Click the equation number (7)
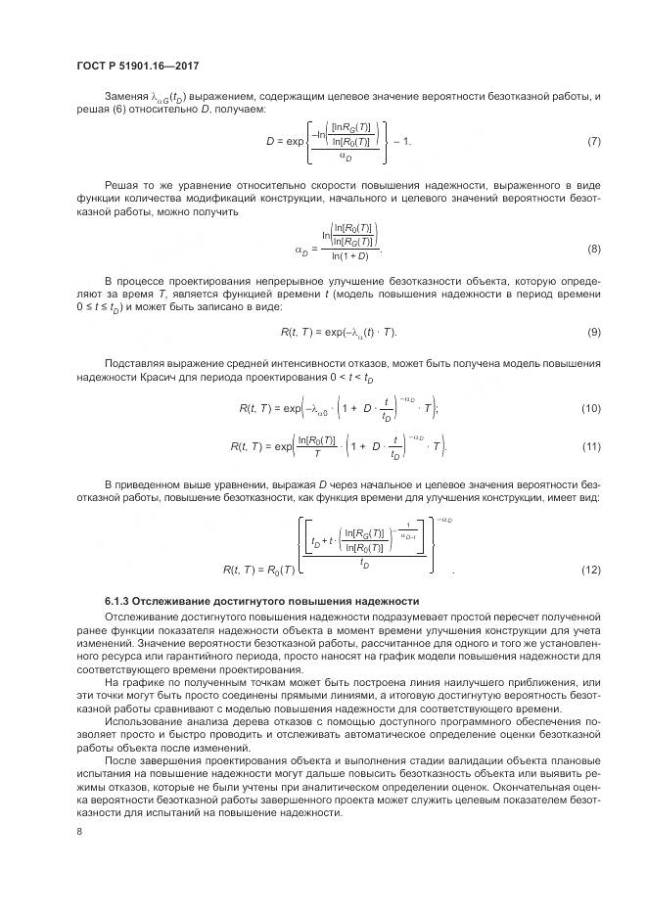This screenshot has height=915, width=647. click(594, 142)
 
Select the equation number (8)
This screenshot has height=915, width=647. click(594, 249)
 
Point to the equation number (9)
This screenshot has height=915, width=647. click(594, 333)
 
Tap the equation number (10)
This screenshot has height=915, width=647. click(591, 407)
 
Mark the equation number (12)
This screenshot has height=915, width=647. click(591, 570)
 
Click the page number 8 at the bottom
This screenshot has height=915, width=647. click(78, 831)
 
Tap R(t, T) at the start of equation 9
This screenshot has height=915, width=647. click(298, 333)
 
